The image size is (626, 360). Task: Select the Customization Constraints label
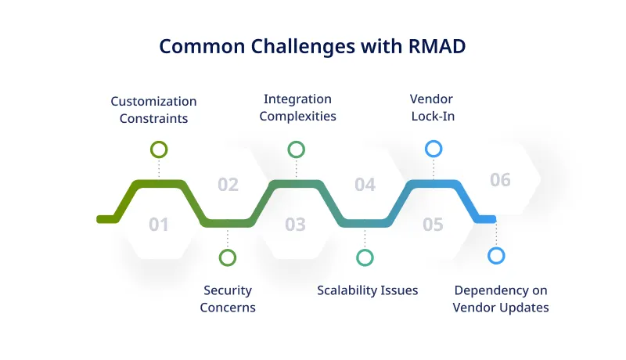(x=153, y=110)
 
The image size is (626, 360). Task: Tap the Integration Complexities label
(x=297, y=108)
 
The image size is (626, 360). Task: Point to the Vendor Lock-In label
(x=432, y=108)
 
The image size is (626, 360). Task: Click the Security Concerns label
(x=228, y=299)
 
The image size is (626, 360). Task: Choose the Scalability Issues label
(x=367, y=290)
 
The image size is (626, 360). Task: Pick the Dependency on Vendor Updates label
(x=501, y=299)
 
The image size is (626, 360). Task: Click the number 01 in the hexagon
(x=159, y=225)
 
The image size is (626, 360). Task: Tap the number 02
(x=228, y=185)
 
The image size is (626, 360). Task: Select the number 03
(x=295, y=225)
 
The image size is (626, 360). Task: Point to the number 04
(x=365, y=185)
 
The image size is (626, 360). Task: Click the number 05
(x=433, y=225)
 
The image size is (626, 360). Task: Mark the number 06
(x=500, y=181)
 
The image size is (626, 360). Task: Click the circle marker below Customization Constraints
(x=159, y=149)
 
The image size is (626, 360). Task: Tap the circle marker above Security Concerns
(x=228, y=257)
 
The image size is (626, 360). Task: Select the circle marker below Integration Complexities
(x=296, y=149)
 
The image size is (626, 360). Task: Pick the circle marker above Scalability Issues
(x=365, y=257)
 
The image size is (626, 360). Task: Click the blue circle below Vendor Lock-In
(x=433, y=149)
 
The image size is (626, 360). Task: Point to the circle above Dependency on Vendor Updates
(x=496, y=255)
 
